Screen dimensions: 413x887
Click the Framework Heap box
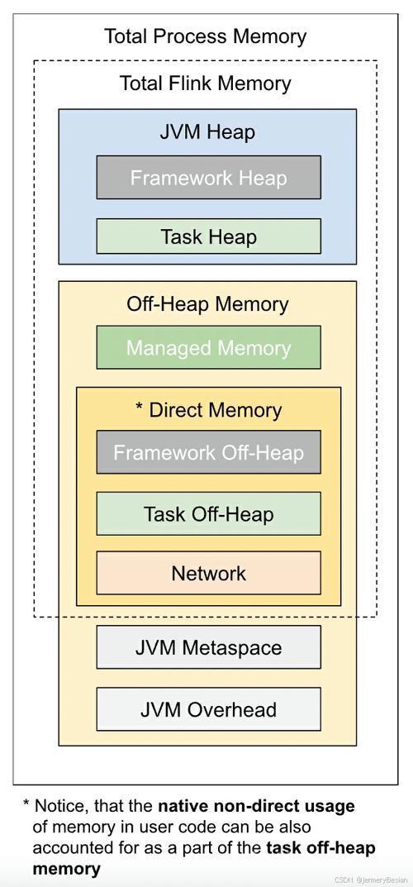pyautogui.click(x=208, y=177)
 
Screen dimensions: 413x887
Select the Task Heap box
pyautogui.click(x=208, y=236)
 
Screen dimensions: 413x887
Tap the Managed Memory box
pyautogui.click(x=208, y=347)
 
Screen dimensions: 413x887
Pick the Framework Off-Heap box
pyautogui.click(x=208, y=452)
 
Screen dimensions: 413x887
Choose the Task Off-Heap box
pyautogui.click(x=208, y=513)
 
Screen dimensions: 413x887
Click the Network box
pyautogui.click(x=208, y=573)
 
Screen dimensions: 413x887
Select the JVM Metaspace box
pyautogui.click(x=208, y=647)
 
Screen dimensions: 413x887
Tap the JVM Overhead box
pyautogui.click(x=208, y=708)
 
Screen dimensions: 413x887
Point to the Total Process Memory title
pyautogui.click(x=206, y=37)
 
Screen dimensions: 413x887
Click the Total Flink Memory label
pyautogui.click(x=206, y=83)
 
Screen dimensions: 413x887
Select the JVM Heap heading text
pyautogui.click(x=207, y=132)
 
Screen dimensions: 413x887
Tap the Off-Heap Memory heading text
pyautogui.click(x=207, y=304)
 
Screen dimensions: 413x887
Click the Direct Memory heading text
pyautogui.click(x=216, y=410)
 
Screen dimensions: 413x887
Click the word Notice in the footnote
pyautogui.click(x=62, y=806)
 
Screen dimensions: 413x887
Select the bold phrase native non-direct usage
pyautogui.click(x=257, y=805)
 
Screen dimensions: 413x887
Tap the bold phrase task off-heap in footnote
pyautogui.click(x=321, y=847)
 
